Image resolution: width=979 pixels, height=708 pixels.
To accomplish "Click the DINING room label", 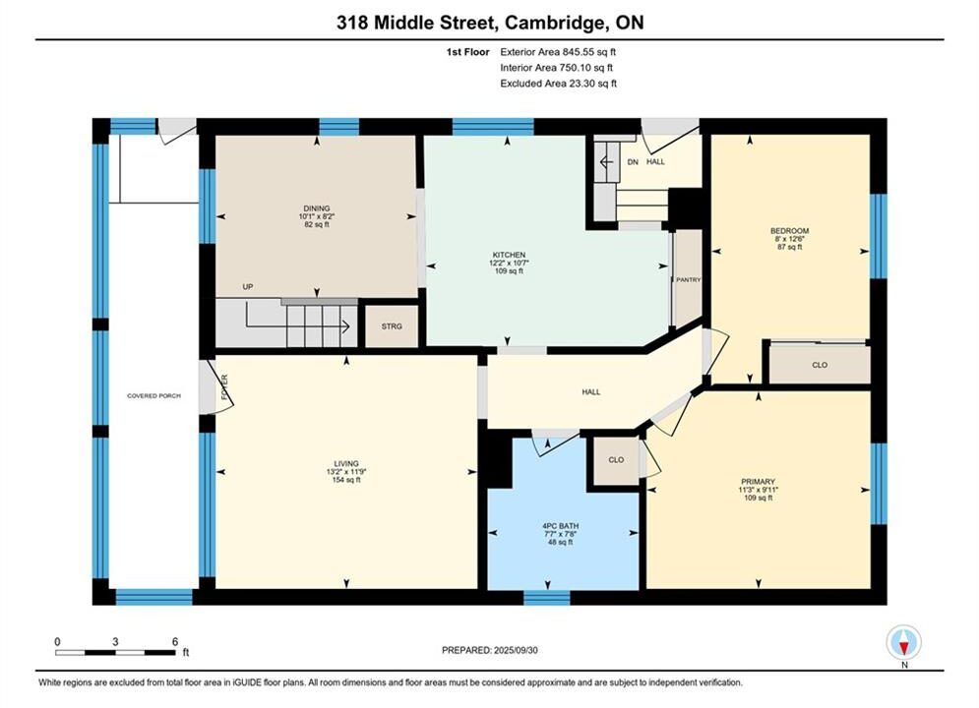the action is click(317, 208).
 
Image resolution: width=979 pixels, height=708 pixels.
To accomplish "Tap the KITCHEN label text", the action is click(509, 255).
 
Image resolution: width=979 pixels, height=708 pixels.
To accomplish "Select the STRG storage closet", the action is click(392, 326).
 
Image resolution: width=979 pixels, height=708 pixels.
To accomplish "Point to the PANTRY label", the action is click(689, 280).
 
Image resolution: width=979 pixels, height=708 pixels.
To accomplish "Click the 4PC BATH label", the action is click(561, 526).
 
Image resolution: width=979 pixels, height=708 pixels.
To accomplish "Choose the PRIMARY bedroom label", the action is click(758, 482).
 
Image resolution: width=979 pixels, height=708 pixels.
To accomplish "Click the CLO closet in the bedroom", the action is click(820, 364).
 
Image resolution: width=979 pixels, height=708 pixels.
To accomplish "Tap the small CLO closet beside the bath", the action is click(616, 460).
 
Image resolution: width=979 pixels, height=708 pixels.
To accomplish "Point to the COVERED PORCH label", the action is click(153, 396).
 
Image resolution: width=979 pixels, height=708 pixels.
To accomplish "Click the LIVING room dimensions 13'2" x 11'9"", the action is click(346, 472).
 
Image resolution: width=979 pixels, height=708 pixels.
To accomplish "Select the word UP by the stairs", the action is click(248, 287).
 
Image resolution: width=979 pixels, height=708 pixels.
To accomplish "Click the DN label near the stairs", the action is click(633, 162).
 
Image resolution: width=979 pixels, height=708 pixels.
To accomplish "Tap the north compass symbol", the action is click(904, 642).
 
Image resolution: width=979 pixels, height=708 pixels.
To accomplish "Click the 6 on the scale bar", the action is click(175, 641).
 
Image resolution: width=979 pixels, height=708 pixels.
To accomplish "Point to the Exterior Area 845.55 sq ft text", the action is click(558, 52).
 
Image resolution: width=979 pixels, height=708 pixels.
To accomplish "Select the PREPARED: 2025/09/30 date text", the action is click(490, 650).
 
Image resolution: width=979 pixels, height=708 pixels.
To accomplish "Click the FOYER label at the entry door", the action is click(224, 386).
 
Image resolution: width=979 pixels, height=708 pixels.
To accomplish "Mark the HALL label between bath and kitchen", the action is click(591, 392).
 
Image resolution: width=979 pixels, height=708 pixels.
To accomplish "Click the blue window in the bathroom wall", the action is click(546, 598).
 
